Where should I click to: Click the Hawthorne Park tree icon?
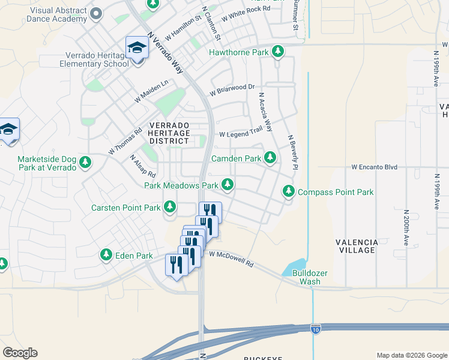277,52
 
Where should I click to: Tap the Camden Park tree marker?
270,158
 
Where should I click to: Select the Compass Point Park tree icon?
289,192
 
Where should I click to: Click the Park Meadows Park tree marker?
228,185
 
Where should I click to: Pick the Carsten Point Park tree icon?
170,208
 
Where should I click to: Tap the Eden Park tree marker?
106,256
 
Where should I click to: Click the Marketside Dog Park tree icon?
85,163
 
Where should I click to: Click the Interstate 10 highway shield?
316,328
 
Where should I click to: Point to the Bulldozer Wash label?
309,277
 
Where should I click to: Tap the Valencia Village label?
357,246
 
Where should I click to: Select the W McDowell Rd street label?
232,259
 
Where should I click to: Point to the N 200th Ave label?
406,225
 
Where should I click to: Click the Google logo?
20,353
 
